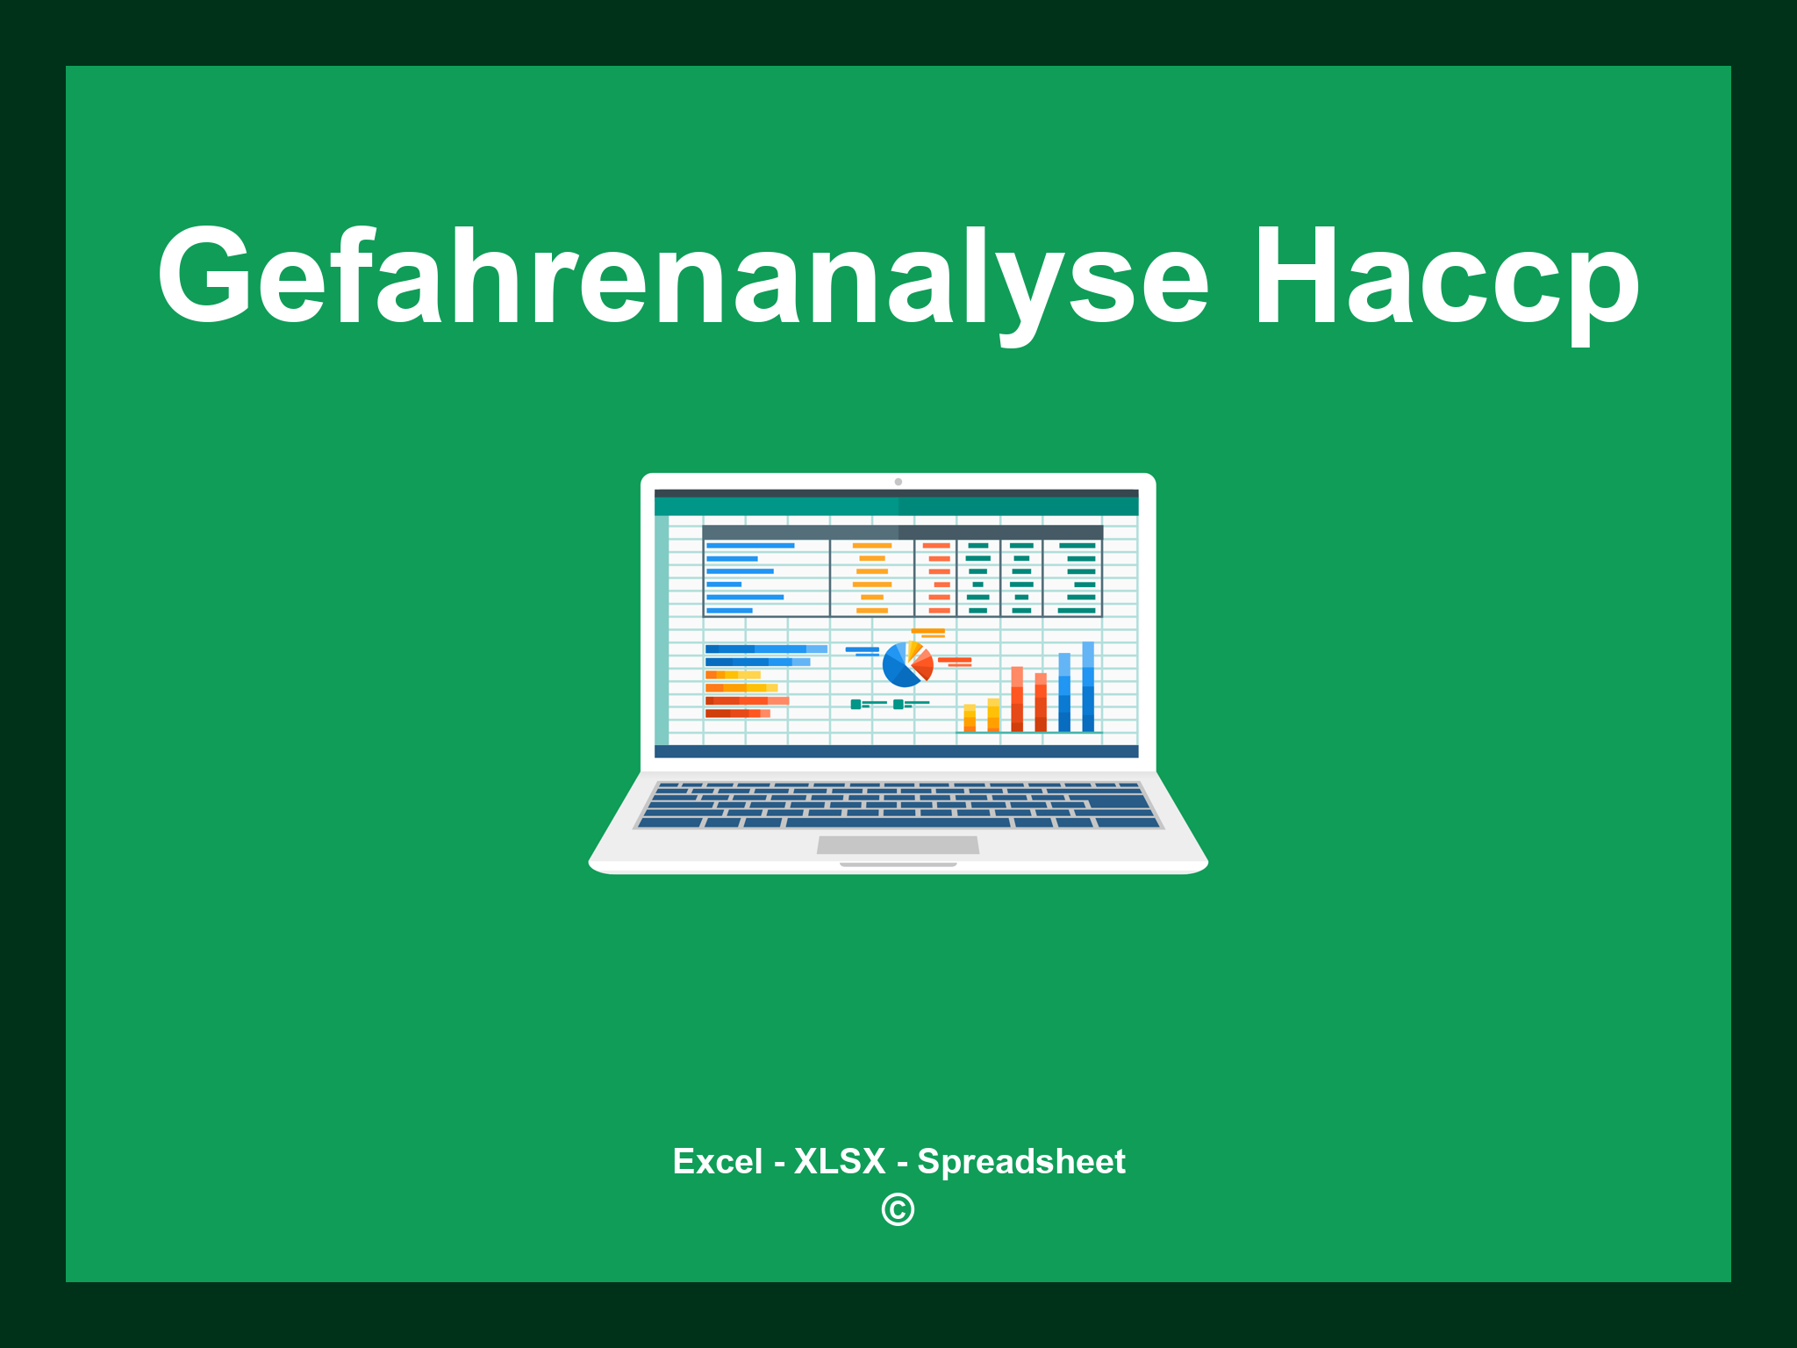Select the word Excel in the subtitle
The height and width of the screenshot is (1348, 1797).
tap(717, 1162)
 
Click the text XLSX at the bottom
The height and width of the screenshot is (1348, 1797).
tap(840, 1162)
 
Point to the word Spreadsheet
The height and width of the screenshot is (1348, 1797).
tap(1020, 1162)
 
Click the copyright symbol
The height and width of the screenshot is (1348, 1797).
tap(898, 1210)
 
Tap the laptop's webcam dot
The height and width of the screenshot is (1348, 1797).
tap(898, 482)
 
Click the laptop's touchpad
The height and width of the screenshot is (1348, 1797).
tap(898, 845)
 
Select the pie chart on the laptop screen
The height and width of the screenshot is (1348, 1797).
tap(906, 664)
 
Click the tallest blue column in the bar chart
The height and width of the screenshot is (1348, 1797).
tap(1088, 686)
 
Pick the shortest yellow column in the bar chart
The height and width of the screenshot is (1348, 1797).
tap(970, 717)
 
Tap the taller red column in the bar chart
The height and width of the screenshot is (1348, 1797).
tap(1017, 699)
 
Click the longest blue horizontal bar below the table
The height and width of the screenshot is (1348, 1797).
tap(765, 649)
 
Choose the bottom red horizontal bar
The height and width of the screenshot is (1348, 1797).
tap(737, 713)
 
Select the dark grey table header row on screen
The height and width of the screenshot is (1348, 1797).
tap(902, 532)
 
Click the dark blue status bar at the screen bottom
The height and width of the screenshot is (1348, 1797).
tap(896, 751)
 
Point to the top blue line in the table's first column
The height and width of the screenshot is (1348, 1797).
tap(750, 546)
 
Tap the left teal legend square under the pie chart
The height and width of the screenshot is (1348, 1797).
tap(856, 704)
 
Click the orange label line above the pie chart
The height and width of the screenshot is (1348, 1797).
tap(927, 631)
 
